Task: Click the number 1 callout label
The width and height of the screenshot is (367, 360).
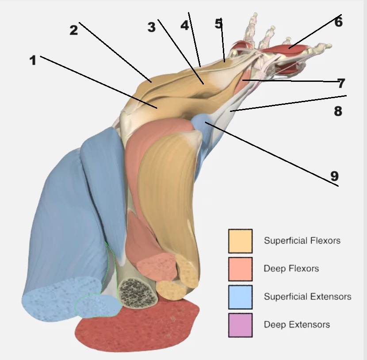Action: [33, 61]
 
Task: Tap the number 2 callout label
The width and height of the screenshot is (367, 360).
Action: [73, 30]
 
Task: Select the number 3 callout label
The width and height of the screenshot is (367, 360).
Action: [152, 27]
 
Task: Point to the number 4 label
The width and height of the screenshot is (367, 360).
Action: [184, 26]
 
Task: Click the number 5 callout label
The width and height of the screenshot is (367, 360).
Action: [218, 24]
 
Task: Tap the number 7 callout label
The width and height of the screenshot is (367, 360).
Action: [340, 83]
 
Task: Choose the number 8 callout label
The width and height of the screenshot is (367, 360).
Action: [338, 111]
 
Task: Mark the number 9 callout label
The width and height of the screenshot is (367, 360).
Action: [334, 176]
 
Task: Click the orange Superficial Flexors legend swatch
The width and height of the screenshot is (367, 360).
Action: [240, 241]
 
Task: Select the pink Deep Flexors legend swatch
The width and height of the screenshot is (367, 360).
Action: [240, 269]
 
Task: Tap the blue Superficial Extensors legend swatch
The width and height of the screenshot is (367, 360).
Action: [240, 297]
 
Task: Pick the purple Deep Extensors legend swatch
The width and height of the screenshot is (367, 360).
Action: [240, 325]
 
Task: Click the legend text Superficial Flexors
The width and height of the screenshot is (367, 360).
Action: [302, 241]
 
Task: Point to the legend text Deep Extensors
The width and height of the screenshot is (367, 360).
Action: [297, 325]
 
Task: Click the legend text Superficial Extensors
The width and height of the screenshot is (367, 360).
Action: [307, 296]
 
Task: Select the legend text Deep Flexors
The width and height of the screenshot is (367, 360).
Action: [291, 268]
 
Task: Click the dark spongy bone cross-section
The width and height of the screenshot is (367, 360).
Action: [138, 292]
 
